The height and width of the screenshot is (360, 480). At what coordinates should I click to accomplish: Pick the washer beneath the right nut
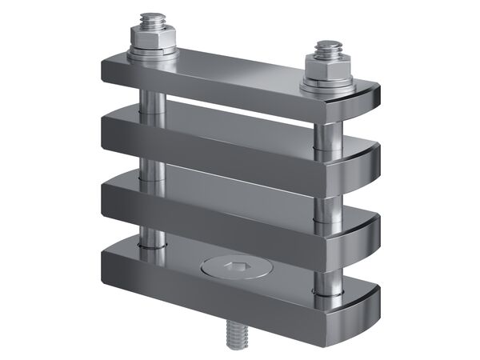326,83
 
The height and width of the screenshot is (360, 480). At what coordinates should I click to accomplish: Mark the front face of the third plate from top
208,213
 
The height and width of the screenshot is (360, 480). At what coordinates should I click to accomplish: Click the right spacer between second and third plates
327,205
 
